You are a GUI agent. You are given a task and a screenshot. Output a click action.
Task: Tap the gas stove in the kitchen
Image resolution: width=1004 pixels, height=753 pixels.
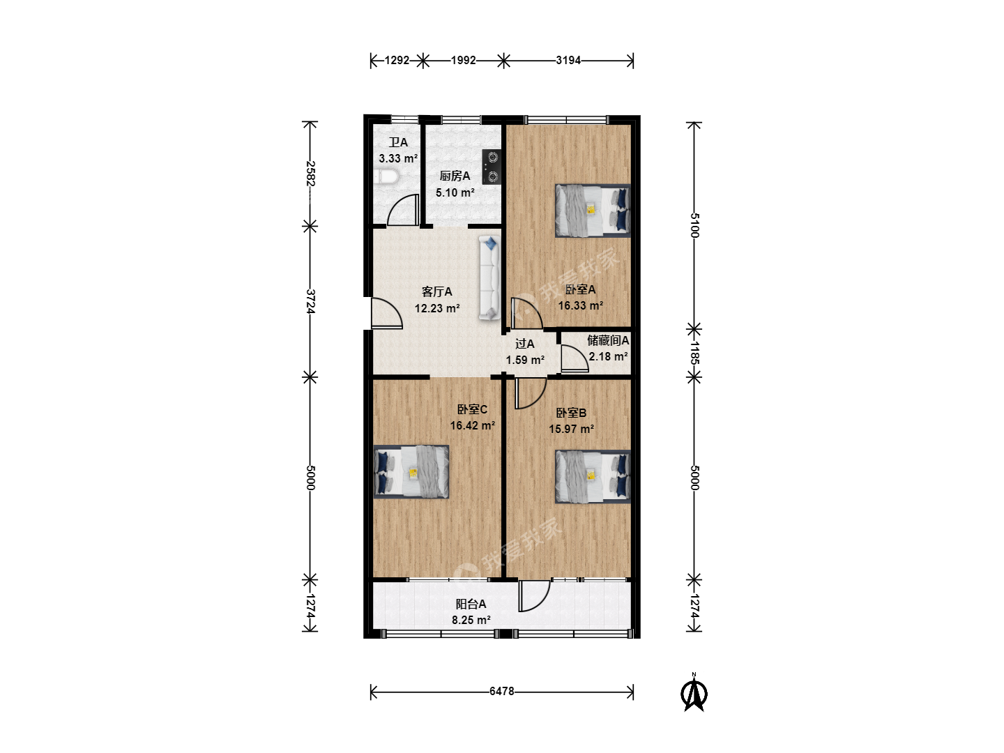pos(492,167)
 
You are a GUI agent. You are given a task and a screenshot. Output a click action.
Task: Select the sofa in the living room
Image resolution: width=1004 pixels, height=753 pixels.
pos(489,277)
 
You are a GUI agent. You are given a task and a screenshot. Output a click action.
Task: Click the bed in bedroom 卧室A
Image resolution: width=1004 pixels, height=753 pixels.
pos(593,211)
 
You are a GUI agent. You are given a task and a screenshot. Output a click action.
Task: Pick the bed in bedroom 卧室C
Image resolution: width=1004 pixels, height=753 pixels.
pos(411,471)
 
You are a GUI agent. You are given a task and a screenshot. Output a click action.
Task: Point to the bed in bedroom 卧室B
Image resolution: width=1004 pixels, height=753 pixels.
pos(593,477)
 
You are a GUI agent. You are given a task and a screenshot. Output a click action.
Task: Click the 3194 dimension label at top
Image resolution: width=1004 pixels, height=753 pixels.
pos(568,61)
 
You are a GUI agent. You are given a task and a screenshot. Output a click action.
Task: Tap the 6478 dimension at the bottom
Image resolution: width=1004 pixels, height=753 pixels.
pos(502,691)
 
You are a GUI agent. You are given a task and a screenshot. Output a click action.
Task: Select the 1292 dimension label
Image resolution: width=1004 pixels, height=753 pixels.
pos(397,61)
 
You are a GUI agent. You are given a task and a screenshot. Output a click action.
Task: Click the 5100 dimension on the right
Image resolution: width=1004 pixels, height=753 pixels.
pos(694,225)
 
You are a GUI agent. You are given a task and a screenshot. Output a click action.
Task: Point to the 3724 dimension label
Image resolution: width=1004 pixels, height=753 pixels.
pos(310,301)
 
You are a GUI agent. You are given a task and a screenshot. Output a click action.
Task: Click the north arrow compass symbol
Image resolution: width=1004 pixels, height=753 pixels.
pos(694,692)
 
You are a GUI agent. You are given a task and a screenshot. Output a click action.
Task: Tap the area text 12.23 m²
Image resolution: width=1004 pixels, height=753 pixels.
pos(437,309)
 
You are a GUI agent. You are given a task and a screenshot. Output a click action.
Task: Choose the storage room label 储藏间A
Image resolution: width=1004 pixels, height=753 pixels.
pos(608,340)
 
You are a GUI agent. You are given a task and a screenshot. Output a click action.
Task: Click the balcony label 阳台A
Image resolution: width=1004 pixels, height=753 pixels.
pos(471,604)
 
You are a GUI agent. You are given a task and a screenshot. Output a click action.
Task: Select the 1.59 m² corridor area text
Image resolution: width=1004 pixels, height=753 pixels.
pos(525,360)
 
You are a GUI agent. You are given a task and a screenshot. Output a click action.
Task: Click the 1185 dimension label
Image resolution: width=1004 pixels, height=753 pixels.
pos(694,353)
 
